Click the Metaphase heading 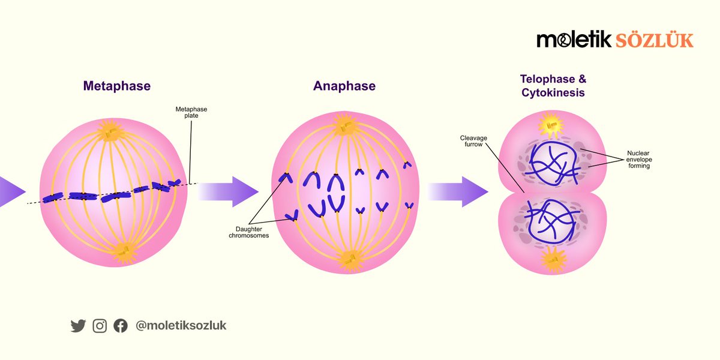(x=116, y=86)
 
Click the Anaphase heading (x=344, y=86)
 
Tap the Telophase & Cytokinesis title (x=553, y=86)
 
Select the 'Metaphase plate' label (x=191, y=113)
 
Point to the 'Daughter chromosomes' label (x=249, y=232)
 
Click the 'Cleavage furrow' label (x=473, y=141)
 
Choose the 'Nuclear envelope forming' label (x=638, y=160)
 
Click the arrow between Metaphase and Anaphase (x=228, y=191)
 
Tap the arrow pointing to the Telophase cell (x=458, y=191)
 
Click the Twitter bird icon (x=78, y=326)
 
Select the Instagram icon (x=100, y=326)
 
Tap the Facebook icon (x=121, y=326)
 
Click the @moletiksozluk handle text (x=181, y=325)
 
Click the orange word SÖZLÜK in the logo (x=654, y=41)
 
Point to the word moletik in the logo (x=574, y=40)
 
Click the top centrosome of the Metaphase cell (x=111, y=131)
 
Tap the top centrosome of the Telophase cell (x=551, y=125)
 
